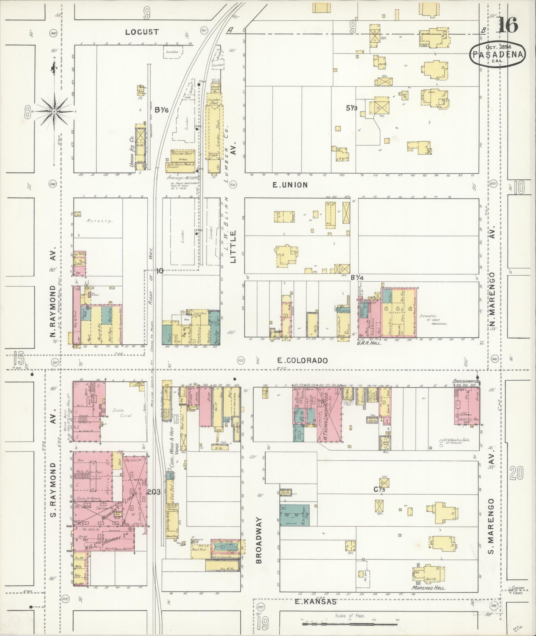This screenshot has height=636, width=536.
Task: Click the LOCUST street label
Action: [x=142, y=32]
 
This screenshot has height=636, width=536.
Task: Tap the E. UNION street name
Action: [x=290, y=184]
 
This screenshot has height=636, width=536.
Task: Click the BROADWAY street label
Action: [x=259, y=541]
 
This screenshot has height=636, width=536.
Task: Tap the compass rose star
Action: [x=54, y=111]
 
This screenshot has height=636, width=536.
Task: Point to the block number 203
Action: [x=153, y=492]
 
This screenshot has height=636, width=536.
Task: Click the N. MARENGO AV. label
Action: [x=492, y=256]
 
